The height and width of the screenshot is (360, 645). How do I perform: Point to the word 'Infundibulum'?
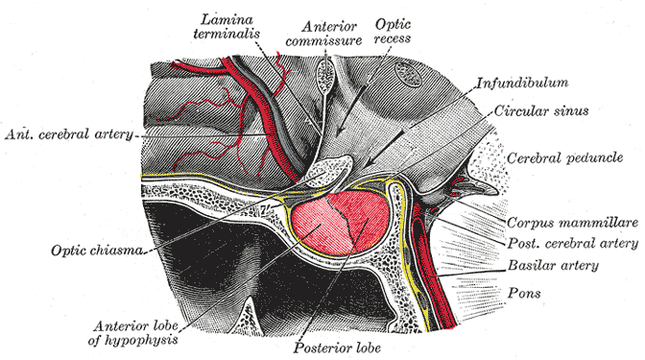click(518, 84)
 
